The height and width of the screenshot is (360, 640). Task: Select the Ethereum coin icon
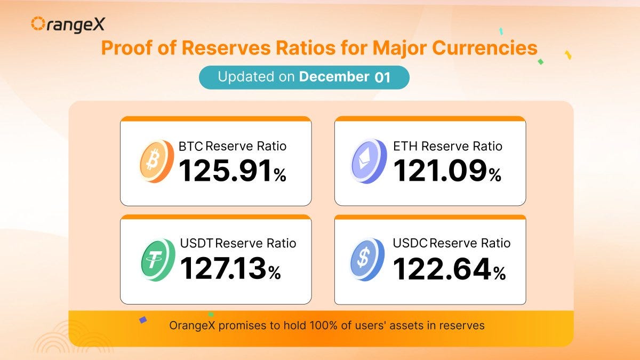(x=369, y=161)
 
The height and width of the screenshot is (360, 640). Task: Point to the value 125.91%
(x=233, y=171)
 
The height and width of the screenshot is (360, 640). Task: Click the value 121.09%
(x=447, y=171)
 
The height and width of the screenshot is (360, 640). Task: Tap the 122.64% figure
(x=449, y=268)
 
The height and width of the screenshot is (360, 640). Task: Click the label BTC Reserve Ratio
(x=233, y=146)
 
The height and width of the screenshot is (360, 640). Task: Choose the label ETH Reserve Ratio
(x=447, y=146)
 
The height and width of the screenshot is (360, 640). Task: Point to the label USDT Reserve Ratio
(x=237, y=243)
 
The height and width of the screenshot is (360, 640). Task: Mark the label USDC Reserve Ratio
(x=452, y=243)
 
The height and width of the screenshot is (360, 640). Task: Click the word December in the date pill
(x=334, y=77)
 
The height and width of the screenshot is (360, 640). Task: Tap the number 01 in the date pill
(x=382, y=77)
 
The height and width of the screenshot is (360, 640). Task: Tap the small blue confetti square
(x=142, y=320)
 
